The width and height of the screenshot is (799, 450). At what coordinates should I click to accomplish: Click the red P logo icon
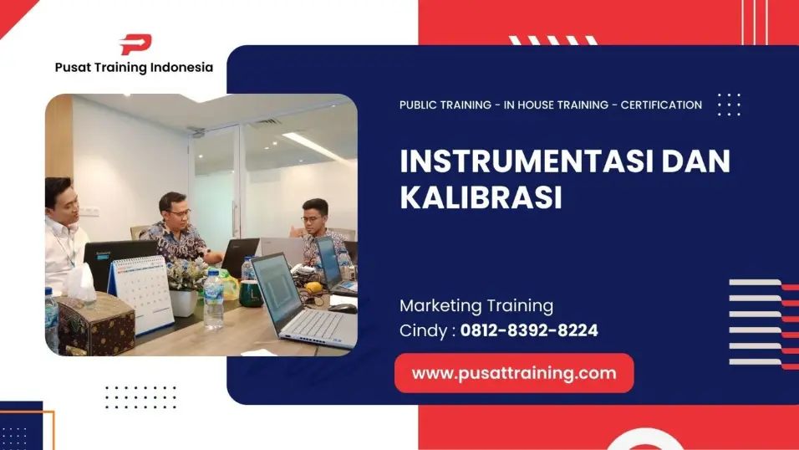tap(135, 45)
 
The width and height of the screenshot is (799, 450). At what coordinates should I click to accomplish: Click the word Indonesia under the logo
tap(181, 68)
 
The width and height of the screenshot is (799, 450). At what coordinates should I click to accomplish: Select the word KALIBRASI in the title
tap(481, 198)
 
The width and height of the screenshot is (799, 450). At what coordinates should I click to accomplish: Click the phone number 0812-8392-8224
tap(529, 330)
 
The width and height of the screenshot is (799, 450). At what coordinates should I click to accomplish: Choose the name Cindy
tap(425, 330)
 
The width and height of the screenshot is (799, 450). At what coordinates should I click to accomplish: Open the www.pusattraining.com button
tap(513, 373)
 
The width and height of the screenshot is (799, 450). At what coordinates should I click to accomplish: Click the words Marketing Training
tap(476, 305)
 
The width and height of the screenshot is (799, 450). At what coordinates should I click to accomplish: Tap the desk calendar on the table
tap(141, 292)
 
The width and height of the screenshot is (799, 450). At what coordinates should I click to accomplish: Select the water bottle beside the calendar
tap(213, 297)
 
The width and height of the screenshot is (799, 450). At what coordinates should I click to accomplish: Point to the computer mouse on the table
tap(340, 308)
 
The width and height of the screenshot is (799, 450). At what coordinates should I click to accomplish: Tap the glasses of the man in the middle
tap(179, 212)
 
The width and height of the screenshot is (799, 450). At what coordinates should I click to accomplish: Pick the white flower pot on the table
tap(184, 300)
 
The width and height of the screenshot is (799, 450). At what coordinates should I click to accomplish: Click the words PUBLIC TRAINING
tap(445, 105)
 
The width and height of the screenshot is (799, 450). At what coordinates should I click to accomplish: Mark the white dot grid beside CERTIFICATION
tap(728, 105)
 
